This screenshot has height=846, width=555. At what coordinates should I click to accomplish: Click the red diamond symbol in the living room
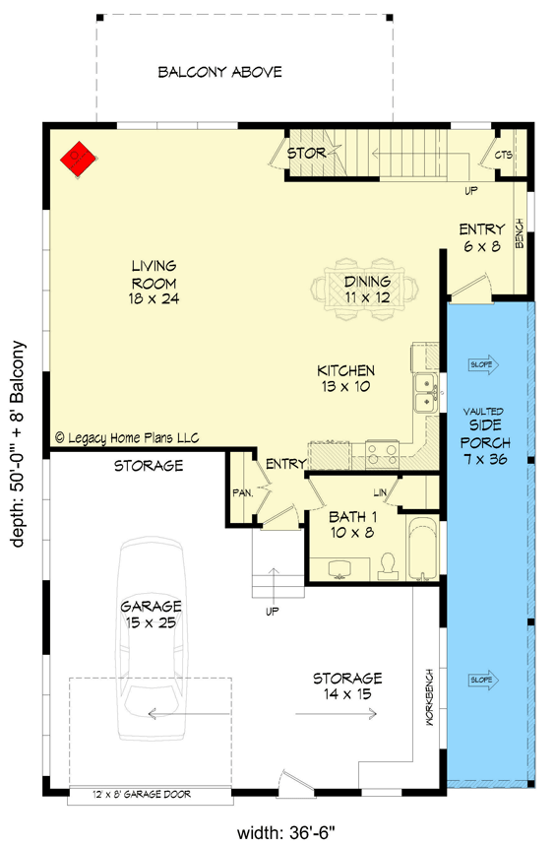click(78, 157)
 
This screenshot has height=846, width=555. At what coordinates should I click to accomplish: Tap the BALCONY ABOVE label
click(220, 72)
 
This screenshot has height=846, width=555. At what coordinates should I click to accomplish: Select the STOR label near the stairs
click(306, 154)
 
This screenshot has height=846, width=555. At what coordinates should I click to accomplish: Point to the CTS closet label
click(503, 156)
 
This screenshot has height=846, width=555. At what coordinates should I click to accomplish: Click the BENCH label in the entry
click(519, 234)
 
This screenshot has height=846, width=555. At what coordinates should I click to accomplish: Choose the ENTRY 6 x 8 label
click(482, 237)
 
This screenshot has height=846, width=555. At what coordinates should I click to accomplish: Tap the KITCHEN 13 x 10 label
click(345, 379)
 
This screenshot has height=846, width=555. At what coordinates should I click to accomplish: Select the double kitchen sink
click(426, 391)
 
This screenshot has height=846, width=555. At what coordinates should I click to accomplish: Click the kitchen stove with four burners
click(381, 453)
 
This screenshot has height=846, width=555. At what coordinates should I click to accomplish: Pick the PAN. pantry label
click(243, 491)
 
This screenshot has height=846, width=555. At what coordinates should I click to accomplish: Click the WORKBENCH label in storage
click(430, 700)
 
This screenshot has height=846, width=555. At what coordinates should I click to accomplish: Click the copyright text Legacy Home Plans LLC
click(127, 436)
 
